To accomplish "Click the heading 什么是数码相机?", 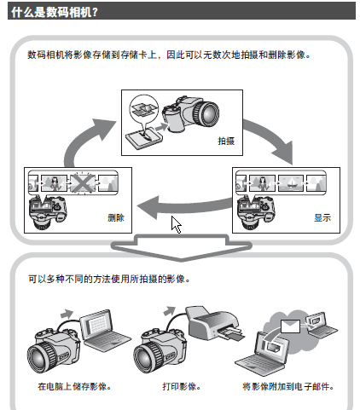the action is [x=55, y=12].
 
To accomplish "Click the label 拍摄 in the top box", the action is [x=226, y=141].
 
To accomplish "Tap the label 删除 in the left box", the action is [x=116, y=217].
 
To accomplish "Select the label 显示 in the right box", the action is [x=322, y=217].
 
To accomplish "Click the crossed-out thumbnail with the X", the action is [x=83, y=182].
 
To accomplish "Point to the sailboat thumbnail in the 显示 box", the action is [x=291, y=183].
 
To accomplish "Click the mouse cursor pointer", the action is [x=176, y=224].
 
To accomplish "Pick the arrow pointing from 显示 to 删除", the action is [x=185, y=206].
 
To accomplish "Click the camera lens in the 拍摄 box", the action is [x=206, y=113].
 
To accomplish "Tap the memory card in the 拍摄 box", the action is [x=144, y=138].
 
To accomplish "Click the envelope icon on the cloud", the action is [x=290, y=326].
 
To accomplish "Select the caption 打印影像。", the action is [x=182, y=386].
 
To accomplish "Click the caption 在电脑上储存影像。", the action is [x=74, y=386].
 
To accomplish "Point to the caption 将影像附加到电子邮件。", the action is [x=288, y=386].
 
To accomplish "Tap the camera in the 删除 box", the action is [x=48, y=212].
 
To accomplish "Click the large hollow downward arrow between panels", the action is [x=181, y=246].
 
